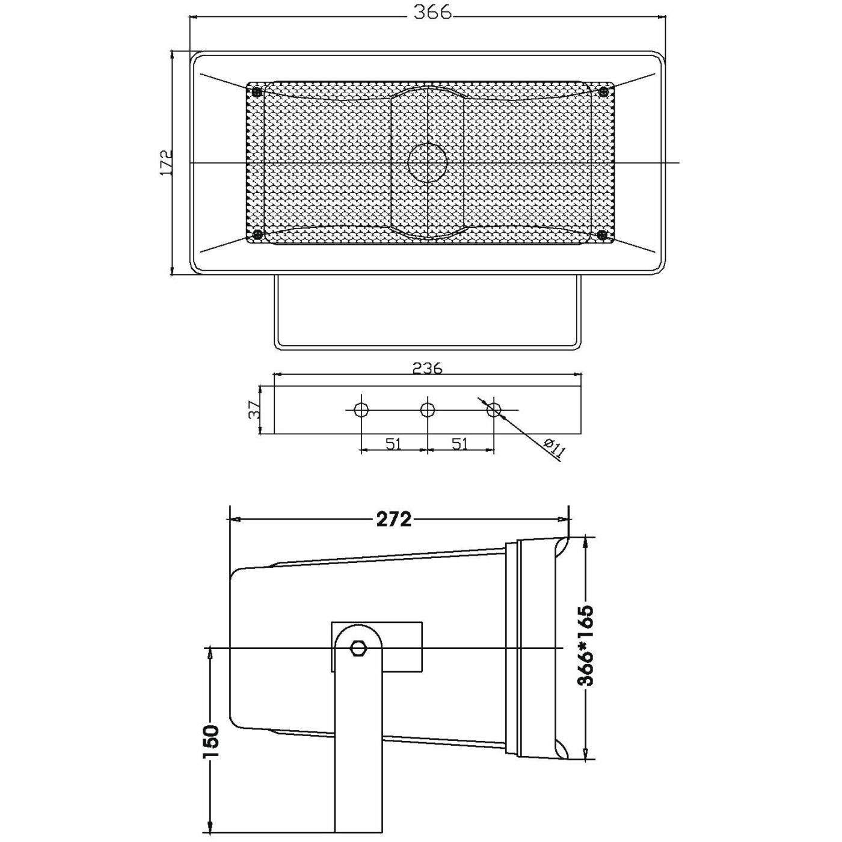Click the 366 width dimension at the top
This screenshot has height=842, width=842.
click(x=432, y=13)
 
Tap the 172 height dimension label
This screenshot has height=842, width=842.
click(x=167, y=162)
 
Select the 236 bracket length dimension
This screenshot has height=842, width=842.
click(x=428, y=367)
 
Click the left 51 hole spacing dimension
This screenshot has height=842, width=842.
click(x=393, y=444)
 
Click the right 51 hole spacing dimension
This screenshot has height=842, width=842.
click(x=460, y=444)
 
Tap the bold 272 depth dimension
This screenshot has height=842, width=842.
click(x=394, y=519)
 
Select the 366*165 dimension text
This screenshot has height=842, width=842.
click(x=585, y=646)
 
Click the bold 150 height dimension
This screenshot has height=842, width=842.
click(x=210, y=743)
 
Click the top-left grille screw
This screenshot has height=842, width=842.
click(x=257, y=91)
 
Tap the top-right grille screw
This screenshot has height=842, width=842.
click(x=604, y=91)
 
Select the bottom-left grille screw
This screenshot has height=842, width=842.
click(x=257, y=235)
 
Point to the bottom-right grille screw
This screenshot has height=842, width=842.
click(x=604, y=235)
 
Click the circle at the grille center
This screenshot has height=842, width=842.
click(x=428, y=162)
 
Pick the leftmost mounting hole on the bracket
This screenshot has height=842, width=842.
click(x=361, y=410)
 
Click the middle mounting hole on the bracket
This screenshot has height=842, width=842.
click(x=427, y=410)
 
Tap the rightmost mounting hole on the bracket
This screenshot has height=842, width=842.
click(x=494, y=410)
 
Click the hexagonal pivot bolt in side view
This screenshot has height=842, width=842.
click(x=358, y=648)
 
